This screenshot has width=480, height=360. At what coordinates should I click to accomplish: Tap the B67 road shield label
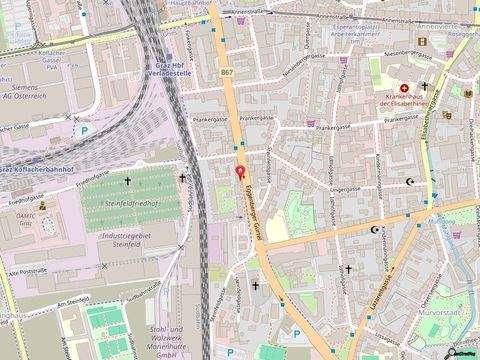point(226,72)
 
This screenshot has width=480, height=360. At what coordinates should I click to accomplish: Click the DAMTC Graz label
point(24,218)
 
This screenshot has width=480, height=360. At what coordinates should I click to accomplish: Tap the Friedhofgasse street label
point(89,172)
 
